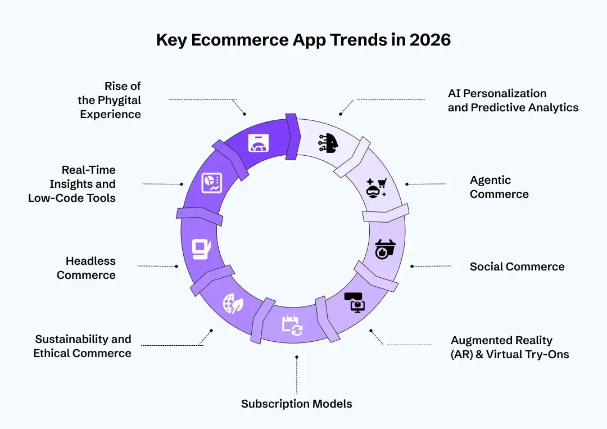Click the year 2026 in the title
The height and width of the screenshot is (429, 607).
tap(431, 40)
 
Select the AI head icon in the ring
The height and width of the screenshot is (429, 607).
tap(329, 143)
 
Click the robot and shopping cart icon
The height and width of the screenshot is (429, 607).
tap(376, 187)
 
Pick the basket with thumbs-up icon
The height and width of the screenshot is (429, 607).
tap(385, 249)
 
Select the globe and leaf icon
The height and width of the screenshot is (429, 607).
tap(233, 304)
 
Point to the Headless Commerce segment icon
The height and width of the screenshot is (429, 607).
tap(201, 249)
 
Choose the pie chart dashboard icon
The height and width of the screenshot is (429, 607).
tap(212, 182)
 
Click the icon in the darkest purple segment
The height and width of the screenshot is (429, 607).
tap(259, 143)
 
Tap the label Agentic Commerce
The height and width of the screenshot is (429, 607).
tap(499, 187)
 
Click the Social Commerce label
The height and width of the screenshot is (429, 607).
tap(517, 267)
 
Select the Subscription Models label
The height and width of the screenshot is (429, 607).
tap(297, 404)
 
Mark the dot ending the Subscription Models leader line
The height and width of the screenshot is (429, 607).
tap(297, 356)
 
